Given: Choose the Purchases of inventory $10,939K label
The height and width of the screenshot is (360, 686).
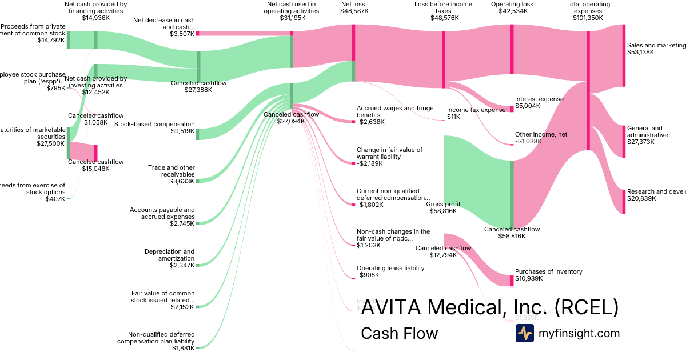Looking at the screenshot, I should coord(548,275).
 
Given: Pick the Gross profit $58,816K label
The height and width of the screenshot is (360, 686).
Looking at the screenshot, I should coord(444,207).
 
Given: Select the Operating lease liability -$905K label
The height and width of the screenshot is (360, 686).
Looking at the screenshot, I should coord(390,271).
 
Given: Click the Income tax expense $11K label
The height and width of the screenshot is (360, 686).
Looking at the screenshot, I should coord(476,113).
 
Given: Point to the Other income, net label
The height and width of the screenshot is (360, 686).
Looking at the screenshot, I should coord(541,134).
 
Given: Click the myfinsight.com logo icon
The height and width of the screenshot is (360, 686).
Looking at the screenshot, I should coord(524,333).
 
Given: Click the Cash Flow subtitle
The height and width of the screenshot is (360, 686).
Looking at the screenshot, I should coord(399,333).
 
